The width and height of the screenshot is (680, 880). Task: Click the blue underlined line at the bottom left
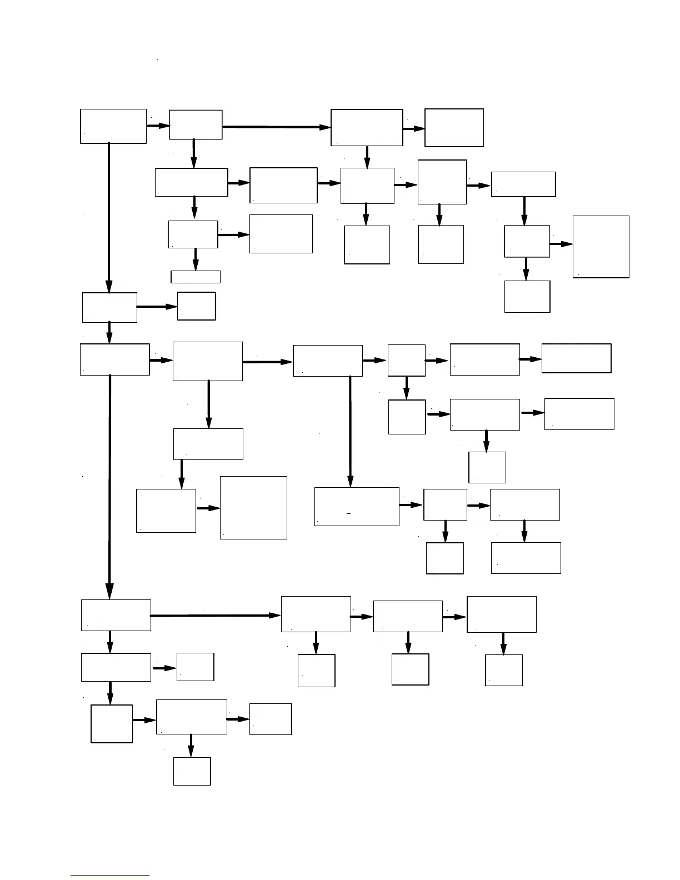coord(110,876)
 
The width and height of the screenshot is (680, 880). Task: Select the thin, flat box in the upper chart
coord(195,277)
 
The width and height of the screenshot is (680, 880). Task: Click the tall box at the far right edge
coord(601,246)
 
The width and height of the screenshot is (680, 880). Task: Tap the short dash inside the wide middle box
coord(348,514)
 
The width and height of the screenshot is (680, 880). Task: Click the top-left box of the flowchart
coord(113,126)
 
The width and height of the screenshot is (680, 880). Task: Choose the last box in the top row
coord(454,128)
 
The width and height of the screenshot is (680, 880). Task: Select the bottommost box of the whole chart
coord(192,771)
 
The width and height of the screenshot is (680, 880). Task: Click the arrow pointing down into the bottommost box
coord(191,745)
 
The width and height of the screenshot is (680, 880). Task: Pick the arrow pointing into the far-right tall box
coord(561,244)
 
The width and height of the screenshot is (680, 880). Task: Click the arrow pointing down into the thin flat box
coord(195,259)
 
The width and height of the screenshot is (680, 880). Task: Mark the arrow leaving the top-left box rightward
coord(158,126)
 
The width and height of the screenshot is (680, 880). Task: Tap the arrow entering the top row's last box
coord(414,129)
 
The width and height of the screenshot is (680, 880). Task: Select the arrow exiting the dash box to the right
coord(411,505)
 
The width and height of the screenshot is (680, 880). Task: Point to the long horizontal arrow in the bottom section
coord(215,616)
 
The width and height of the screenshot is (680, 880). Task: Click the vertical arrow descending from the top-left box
coord(108,217)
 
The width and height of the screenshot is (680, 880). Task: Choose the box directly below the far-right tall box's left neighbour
coord(527,297)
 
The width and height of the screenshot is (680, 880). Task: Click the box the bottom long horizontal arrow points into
coord(316,614)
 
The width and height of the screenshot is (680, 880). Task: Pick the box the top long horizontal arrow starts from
coord(196,124)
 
